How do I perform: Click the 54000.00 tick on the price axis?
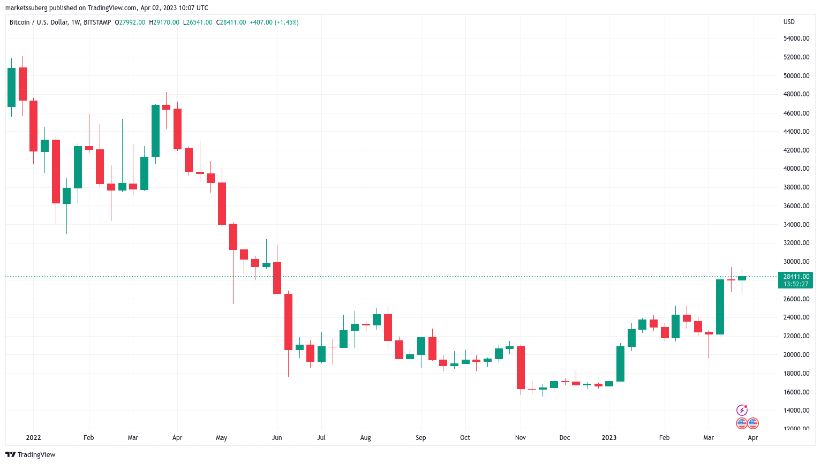click(796, 39)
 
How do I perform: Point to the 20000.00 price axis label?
click(796, 355)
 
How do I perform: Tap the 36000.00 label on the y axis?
click(796, 206)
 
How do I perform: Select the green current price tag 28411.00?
click(796, 277)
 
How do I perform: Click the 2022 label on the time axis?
click(33, 438)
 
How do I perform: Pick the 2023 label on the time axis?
click(609, 438)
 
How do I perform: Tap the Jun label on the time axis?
click(277, 438)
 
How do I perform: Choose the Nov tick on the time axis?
click(520, 438)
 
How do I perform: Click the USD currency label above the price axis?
click(789, 22)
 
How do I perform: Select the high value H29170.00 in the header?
click(164, 22)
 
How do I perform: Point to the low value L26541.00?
click(198, 22)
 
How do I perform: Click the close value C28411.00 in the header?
click(231, 22)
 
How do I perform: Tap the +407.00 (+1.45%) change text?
click(274, 22)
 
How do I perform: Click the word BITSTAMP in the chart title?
click(97, 22)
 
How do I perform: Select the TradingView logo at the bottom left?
click(31, 455)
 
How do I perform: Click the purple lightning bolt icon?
click(742, 410)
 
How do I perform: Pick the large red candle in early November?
click(521, 368)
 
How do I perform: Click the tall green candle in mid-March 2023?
click(720, 307)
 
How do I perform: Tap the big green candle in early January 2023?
click(620, 364)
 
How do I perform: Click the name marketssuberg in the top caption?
click(26, 8)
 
